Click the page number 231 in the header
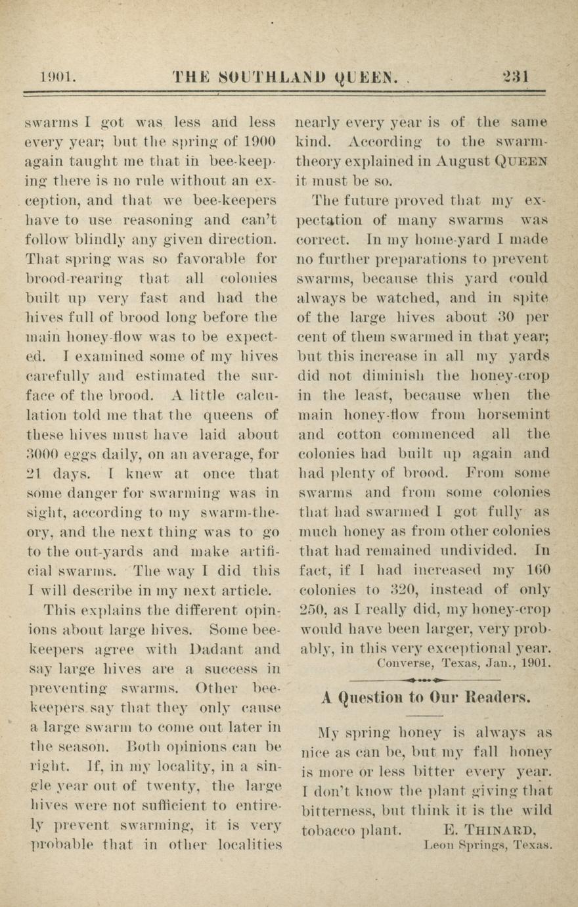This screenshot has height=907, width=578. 516,77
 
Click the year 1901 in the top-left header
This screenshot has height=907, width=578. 58,77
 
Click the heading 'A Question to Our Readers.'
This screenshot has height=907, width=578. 426,697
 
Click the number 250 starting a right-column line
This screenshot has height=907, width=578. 308,609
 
